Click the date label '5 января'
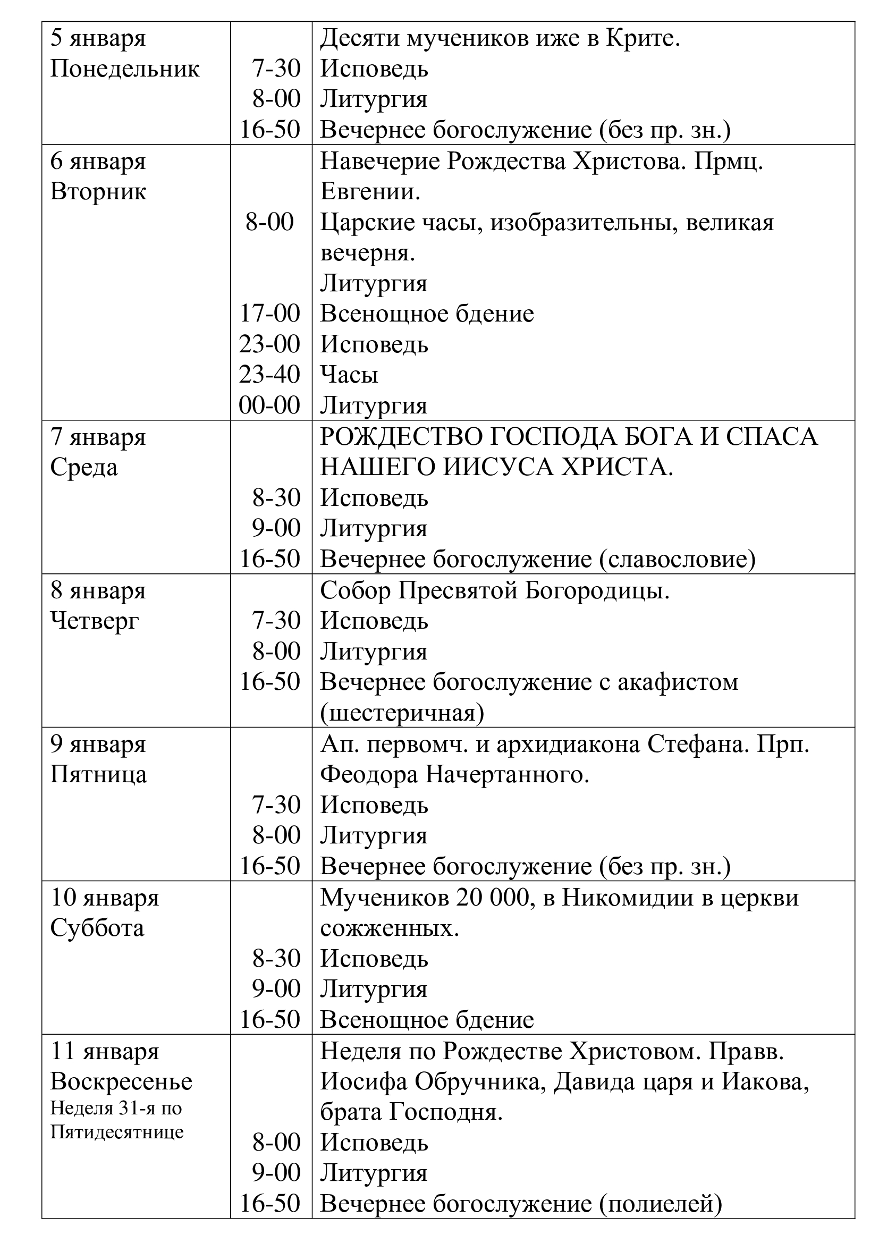[x=98, y=39]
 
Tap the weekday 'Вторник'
[x=98, y=192]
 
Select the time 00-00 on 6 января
[x=269, y=405]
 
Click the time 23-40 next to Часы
[x=269, y=375]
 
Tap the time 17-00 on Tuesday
[x=269, y=314]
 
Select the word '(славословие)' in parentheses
[x=677, y=559]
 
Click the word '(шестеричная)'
[x=402, y=713]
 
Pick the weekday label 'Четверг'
[x=95, y=621]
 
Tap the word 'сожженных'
[x=389, y=929]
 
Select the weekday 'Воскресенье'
[x=121, y=1081]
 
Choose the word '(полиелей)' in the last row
[x=661, y=1204]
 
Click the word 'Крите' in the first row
[x=643, y=39]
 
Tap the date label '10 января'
[x=105, y=898]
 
